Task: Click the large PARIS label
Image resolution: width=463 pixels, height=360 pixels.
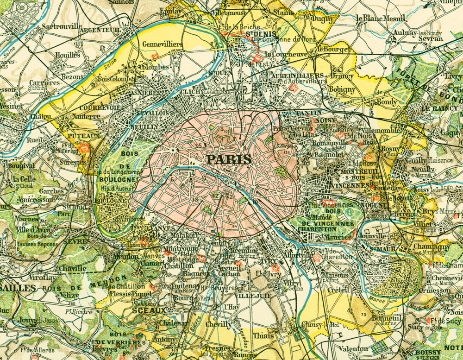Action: click(x=229, y=160)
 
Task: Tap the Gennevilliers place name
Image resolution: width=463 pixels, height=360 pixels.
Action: click(x=163, y=44)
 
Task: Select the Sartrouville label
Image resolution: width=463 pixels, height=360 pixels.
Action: click(x=61, y=26)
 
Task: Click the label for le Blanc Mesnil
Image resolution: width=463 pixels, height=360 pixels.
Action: click(x=381, y=18)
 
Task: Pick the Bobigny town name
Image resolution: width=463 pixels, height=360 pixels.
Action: click(x=342, y=89)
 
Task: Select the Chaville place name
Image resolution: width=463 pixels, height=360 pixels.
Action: click(x=72, y=268)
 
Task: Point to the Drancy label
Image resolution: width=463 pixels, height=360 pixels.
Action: click(x=342, y=76)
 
